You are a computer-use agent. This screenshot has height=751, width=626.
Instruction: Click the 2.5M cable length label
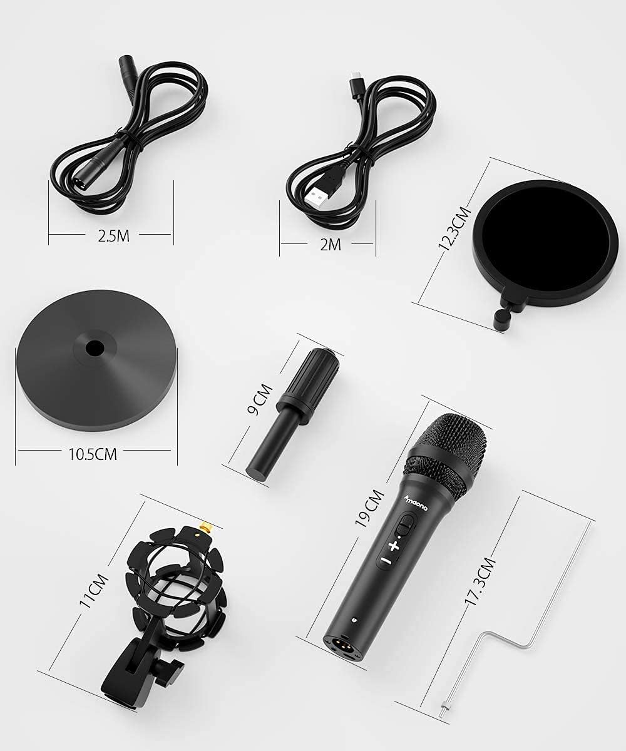pos(113,236)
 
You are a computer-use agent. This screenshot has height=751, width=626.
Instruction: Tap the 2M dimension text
pos(331,245)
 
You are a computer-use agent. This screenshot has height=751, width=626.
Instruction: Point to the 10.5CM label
pos(93,454)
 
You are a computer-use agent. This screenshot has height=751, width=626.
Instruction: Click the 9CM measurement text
pos(260,400)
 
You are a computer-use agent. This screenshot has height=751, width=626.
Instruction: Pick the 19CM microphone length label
pos(369,508)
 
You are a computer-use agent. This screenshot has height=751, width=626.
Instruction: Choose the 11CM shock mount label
pos(93,591)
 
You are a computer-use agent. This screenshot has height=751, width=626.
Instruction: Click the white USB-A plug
pos(317,195)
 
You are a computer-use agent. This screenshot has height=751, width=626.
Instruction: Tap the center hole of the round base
pos(95,347)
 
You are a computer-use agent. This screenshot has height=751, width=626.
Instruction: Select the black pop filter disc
pos(545,240)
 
